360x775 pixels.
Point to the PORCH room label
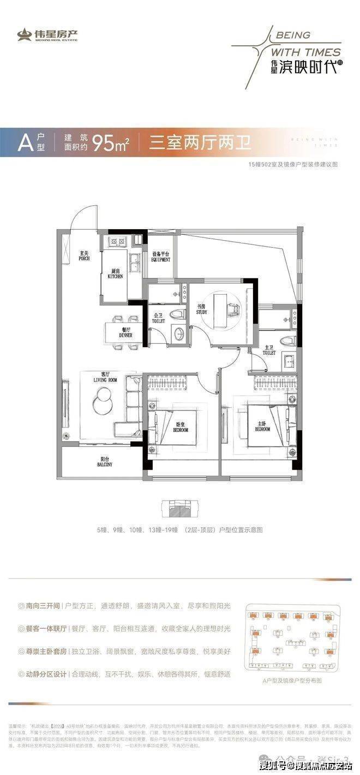click(x=84, y=256)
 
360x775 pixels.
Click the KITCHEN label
click(x=115, y=273)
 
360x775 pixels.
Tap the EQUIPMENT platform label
click(x=161, y=257)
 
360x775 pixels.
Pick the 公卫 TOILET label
click(x=158, y=318)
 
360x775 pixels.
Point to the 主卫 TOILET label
click(x=269, y=350)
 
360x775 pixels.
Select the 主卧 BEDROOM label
click(x=262, y=426)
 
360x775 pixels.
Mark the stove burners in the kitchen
click(x=116, y=241)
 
